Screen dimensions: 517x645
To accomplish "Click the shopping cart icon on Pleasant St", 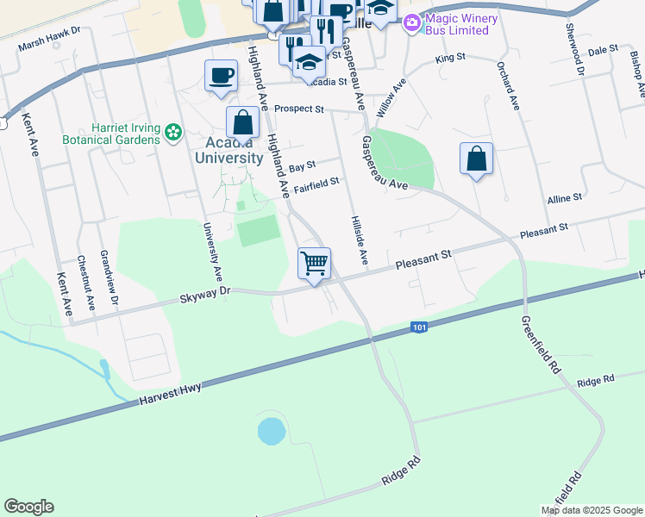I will pyautogui.click(x=315, y=262).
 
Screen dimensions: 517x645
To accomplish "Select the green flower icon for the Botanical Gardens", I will pyautogui.click(x=174, y=132).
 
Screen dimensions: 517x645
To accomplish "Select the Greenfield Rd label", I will pyautogui.click(x=540, y=344).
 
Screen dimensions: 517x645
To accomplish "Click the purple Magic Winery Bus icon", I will pyautogui.click(x=412, y=22).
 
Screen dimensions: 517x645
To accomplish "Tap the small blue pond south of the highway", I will pyautogui.click(x=272, y=431).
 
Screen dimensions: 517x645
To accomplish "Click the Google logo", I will pyautogui.click(x=28, y=507).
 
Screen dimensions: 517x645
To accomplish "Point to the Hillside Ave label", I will pyautogui.click(x=358, y=240).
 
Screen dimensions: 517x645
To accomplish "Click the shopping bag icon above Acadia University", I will pyautogui.click(x=243, y=124).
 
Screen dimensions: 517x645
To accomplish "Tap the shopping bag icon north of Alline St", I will pyautogui.click(x=476, y=159).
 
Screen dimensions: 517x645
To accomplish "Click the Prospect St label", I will pyautogui.click(x=298, y=109).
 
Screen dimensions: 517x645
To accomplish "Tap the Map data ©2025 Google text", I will pyautogui.click(x=592, y=510).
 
